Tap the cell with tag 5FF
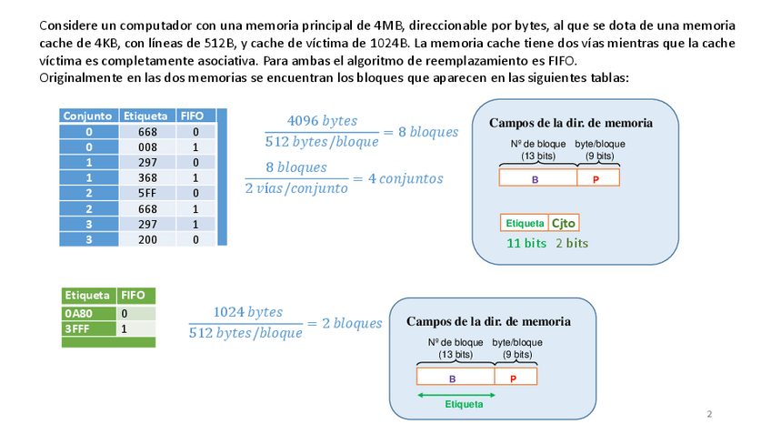click(147, 193)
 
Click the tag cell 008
click(147, 146)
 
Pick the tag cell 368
click(147, 177)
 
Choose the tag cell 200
click(147, 239)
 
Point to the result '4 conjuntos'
click(405, 178)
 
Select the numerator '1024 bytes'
click(246, 312)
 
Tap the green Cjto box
click(564, 223)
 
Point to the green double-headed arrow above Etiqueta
click(456, 394)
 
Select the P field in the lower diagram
click(515, 377)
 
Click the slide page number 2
click(709, 415)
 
